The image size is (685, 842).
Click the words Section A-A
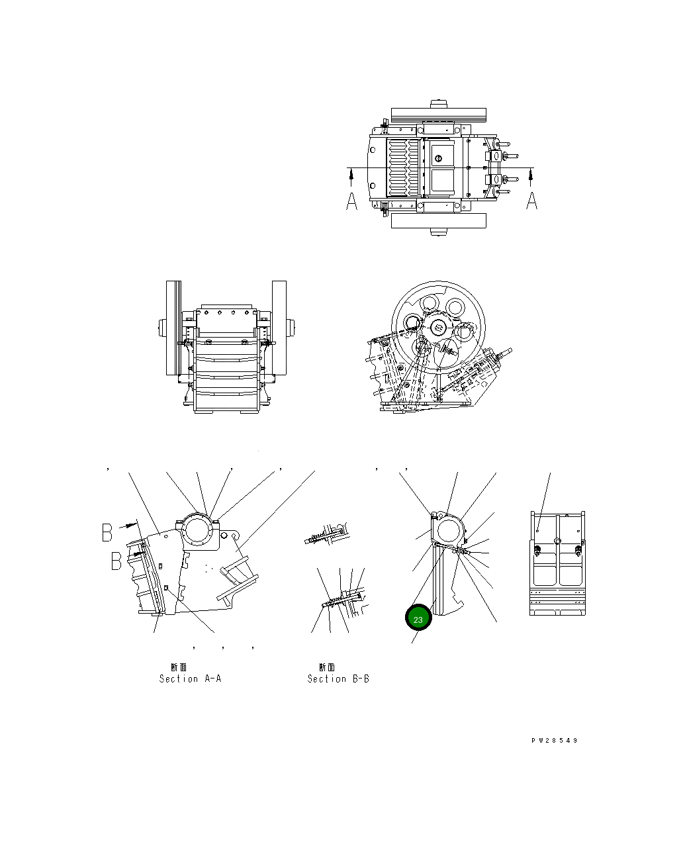pos(190,678)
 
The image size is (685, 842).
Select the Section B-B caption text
pos(338,678)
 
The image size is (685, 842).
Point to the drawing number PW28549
pos(555,741)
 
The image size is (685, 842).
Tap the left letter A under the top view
pos(351,201)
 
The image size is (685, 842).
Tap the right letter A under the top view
pos(531,201)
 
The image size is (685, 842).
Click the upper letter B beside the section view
pos(107,532)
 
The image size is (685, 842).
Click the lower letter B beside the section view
pos(116,561)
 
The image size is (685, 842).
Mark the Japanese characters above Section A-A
pos(179,667)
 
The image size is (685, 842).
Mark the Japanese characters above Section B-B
pos(327,667)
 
